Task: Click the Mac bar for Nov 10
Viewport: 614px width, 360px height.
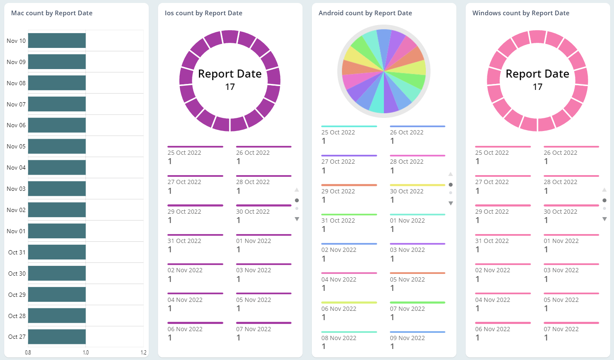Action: [x=57, y=41]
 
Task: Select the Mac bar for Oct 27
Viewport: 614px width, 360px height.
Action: [x=57, y=337]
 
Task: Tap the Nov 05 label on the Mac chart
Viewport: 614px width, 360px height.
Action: [x=16, y=146]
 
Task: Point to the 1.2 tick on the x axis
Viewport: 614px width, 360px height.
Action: [x=143, y=352]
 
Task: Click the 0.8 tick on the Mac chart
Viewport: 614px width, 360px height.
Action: [x=28, y=352]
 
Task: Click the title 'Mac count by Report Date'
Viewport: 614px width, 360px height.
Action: [x=52, y=13]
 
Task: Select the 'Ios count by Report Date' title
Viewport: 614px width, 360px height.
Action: [x=203, y=13]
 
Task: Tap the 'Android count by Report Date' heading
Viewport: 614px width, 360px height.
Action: [x=365, y=13]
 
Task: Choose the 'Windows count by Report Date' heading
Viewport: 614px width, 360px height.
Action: [x=521, y=13]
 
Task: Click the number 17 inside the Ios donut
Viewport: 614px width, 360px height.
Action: [x=230, y=87]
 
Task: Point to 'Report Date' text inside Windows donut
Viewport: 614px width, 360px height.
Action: [x=537, y=74]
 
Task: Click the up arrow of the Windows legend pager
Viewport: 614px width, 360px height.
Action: [x=604, y=190]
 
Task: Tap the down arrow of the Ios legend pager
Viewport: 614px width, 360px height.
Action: [x=297, y=219]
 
